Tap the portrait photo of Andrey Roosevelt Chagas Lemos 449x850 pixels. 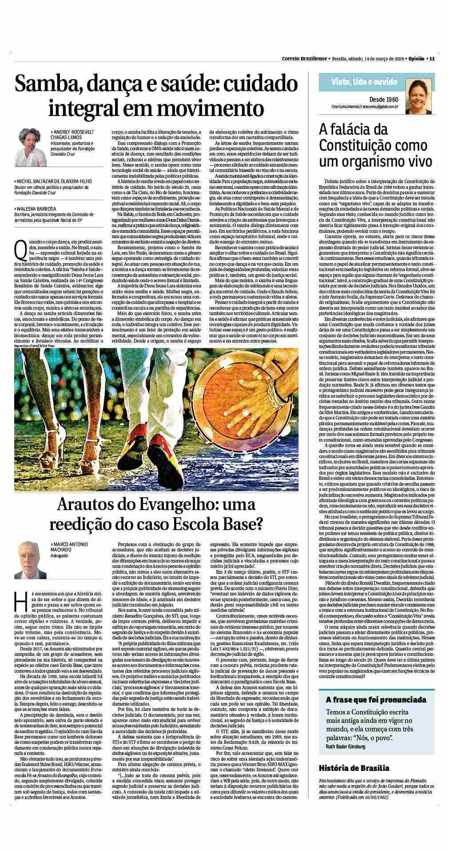(32, 147)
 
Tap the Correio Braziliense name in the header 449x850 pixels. (305, 58)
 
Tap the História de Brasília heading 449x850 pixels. (354, 768)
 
